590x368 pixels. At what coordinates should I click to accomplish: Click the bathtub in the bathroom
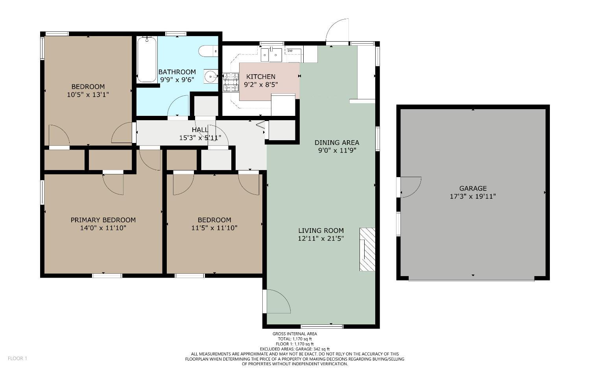click(x=147, y=59)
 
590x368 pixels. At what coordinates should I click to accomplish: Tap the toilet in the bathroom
click(x=207, y=51)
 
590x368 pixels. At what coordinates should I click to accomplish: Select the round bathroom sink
click(x=211, y=76)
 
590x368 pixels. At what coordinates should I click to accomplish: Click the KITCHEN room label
click(x=261, y=77)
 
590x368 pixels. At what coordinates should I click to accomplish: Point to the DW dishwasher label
click(x=290, y=51)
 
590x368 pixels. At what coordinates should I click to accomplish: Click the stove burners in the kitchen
click(x=231, y=82)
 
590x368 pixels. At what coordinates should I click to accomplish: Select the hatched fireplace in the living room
click(x=367, y=249)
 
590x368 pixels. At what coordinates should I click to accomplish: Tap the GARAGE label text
click(x=473, y=189)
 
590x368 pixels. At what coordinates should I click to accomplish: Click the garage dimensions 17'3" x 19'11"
click(x=473, y=196)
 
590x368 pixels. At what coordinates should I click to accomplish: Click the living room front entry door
click(x=278, y=302)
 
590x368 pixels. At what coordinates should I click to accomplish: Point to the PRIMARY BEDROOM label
click(x=103, y=220)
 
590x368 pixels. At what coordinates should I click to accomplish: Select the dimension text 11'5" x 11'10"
click(x=214, y=228)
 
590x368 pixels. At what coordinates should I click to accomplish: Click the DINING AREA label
click(x=337, y=143)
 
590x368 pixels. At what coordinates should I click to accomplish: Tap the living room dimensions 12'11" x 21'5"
click(x=321, y=238)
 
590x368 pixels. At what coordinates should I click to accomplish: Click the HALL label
click(x=200, y=130)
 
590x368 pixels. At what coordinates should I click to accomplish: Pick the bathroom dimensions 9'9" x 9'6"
click(x=177, y=79)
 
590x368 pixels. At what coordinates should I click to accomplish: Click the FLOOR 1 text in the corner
click(x=17, y=358)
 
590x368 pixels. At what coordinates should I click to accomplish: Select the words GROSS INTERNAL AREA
click(x=295, y=334)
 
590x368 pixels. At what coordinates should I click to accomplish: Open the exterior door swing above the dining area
click(x=337, y=30)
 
